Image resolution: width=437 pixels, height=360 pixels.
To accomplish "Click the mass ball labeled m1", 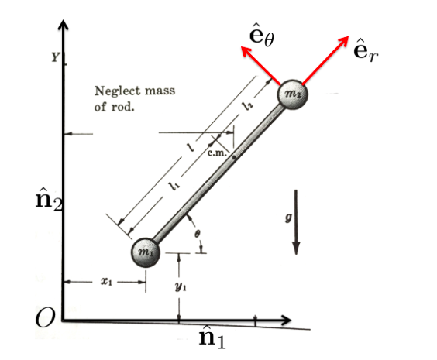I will point(145,252).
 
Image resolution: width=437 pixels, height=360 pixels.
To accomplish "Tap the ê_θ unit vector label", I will point(259,34).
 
